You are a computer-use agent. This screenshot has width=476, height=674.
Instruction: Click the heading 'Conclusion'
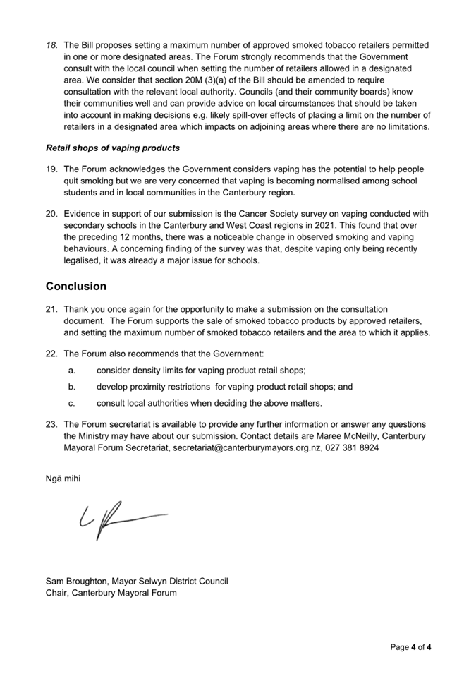(76, 287)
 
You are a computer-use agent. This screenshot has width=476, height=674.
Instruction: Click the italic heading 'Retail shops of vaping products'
(112, 148)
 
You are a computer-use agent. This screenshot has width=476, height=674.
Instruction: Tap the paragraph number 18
(51, 44)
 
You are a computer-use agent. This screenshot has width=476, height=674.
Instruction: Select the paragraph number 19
(51, 169)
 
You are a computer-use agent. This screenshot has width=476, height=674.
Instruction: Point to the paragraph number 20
(51, 214)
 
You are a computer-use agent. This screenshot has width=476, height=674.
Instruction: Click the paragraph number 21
(51, 310)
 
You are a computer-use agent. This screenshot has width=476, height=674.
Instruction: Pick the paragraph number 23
(51, 424)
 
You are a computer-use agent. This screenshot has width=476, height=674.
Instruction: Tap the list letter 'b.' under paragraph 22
(72, 387)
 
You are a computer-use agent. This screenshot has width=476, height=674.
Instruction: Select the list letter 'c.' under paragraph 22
(72, 403)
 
